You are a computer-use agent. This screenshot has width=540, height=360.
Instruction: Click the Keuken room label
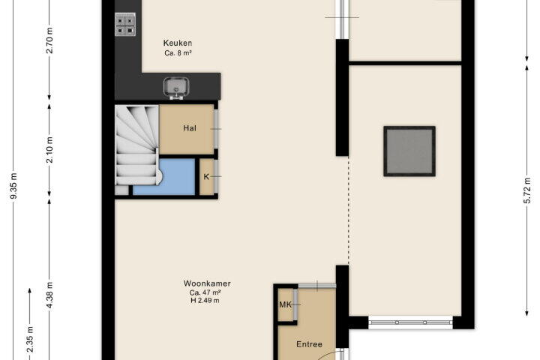(178, 43)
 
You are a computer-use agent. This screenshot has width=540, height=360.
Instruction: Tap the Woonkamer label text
(207, 283)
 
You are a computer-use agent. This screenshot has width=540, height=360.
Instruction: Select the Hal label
(190, 128)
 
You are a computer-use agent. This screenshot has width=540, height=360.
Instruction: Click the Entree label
(309, 344)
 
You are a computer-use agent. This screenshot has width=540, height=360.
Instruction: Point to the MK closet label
(285, 304)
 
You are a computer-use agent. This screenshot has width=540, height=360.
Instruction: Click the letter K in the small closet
(206, 177)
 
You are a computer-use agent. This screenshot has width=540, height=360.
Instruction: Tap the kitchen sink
(176, 88)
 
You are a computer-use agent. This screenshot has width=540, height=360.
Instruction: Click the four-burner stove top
(125, 25)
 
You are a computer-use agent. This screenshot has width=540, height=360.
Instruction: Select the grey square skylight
(409, 151)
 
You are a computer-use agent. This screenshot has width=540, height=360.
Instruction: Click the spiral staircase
(136, 145)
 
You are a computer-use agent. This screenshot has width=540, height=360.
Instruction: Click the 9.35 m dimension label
(13, 186)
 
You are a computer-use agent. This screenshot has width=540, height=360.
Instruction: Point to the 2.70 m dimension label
(49, 40)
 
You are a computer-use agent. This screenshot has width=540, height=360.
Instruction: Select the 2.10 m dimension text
(49, 150)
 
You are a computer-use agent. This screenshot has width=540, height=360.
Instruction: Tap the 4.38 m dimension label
(49, 295)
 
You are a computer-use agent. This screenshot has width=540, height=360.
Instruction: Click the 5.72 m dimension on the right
(527, 190)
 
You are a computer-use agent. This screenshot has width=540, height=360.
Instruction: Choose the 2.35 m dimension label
(30, 339)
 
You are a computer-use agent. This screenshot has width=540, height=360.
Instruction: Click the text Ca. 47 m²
(205, 292)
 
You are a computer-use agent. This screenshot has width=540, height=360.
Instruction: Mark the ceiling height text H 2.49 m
(205, 301)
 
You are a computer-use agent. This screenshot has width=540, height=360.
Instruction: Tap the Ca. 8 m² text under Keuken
(178, 53)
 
